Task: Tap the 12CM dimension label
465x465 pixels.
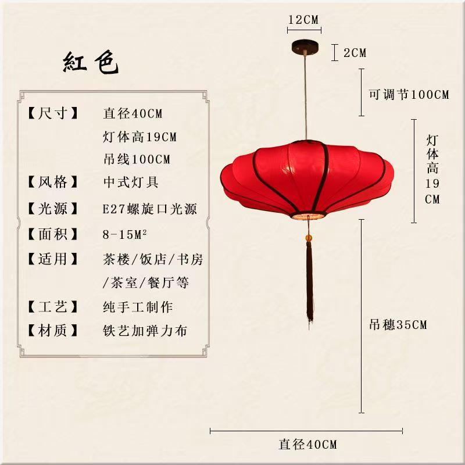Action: tap(304, 19)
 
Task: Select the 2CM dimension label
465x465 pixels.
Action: tap(355, 52)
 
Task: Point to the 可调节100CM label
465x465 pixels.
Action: tap(409, 94)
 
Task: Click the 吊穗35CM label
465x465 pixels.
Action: tap(398, 324)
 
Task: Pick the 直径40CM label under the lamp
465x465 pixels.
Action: tap(307, 445)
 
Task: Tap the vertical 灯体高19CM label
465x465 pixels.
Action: tap(432, 169)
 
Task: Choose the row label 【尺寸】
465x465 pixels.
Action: tap(53, 113)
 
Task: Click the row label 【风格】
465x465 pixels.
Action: tap(53, 182)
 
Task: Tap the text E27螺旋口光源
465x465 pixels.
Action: tap(150, 209)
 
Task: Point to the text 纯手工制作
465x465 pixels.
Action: tap(138, 307)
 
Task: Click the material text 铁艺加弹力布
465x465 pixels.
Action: tap(145, 331)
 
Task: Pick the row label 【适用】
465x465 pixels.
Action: tap(53, 259)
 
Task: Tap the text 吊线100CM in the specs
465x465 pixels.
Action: tap(137, 159)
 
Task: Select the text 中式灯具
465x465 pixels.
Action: tap(130, 182)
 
